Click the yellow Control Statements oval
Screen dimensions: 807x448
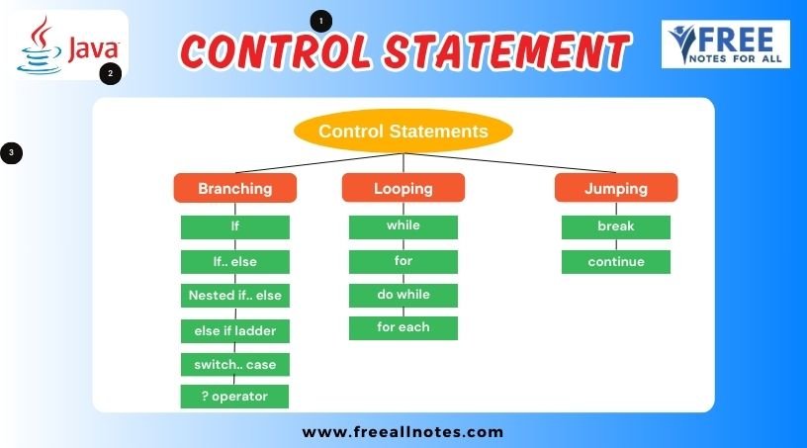click(x=403, y=131)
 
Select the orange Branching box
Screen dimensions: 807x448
click(x=235, y=188)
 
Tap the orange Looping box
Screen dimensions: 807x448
click(x=403, y=188)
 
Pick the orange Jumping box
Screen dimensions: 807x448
click(x=616, y=188)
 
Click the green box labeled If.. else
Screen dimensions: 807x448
click(x=235, y=262)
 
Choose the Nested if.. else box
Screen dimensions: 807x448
click(x=235, y=296)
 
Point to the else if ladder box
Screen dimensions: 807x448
click(x=235, y=330)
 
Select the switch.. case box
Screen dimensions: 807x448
click(x=235, y=365)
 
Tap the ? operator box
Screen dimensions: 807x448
click(x=234, y=397)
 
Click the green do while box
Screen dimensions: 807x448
click(x=403, y=295)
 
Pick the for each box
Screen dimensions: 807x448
click(x=403, y=327)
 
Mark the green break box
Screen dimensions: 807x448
click(x=616, y=227)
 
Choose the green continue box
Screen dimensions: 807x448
click(x=616, y=262)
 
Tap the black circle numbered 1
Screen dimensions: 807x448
click(x=321, y=21)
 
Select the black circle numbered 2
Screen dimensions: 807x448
click(x=110, y=73)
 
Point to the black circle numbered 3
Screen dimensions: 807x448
click(x=11, y=153)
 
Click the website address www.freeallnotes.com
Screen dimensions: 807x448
click(x=403, y=432)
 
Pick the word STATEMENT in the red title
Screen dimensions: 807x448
click(x=507, y=50)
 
